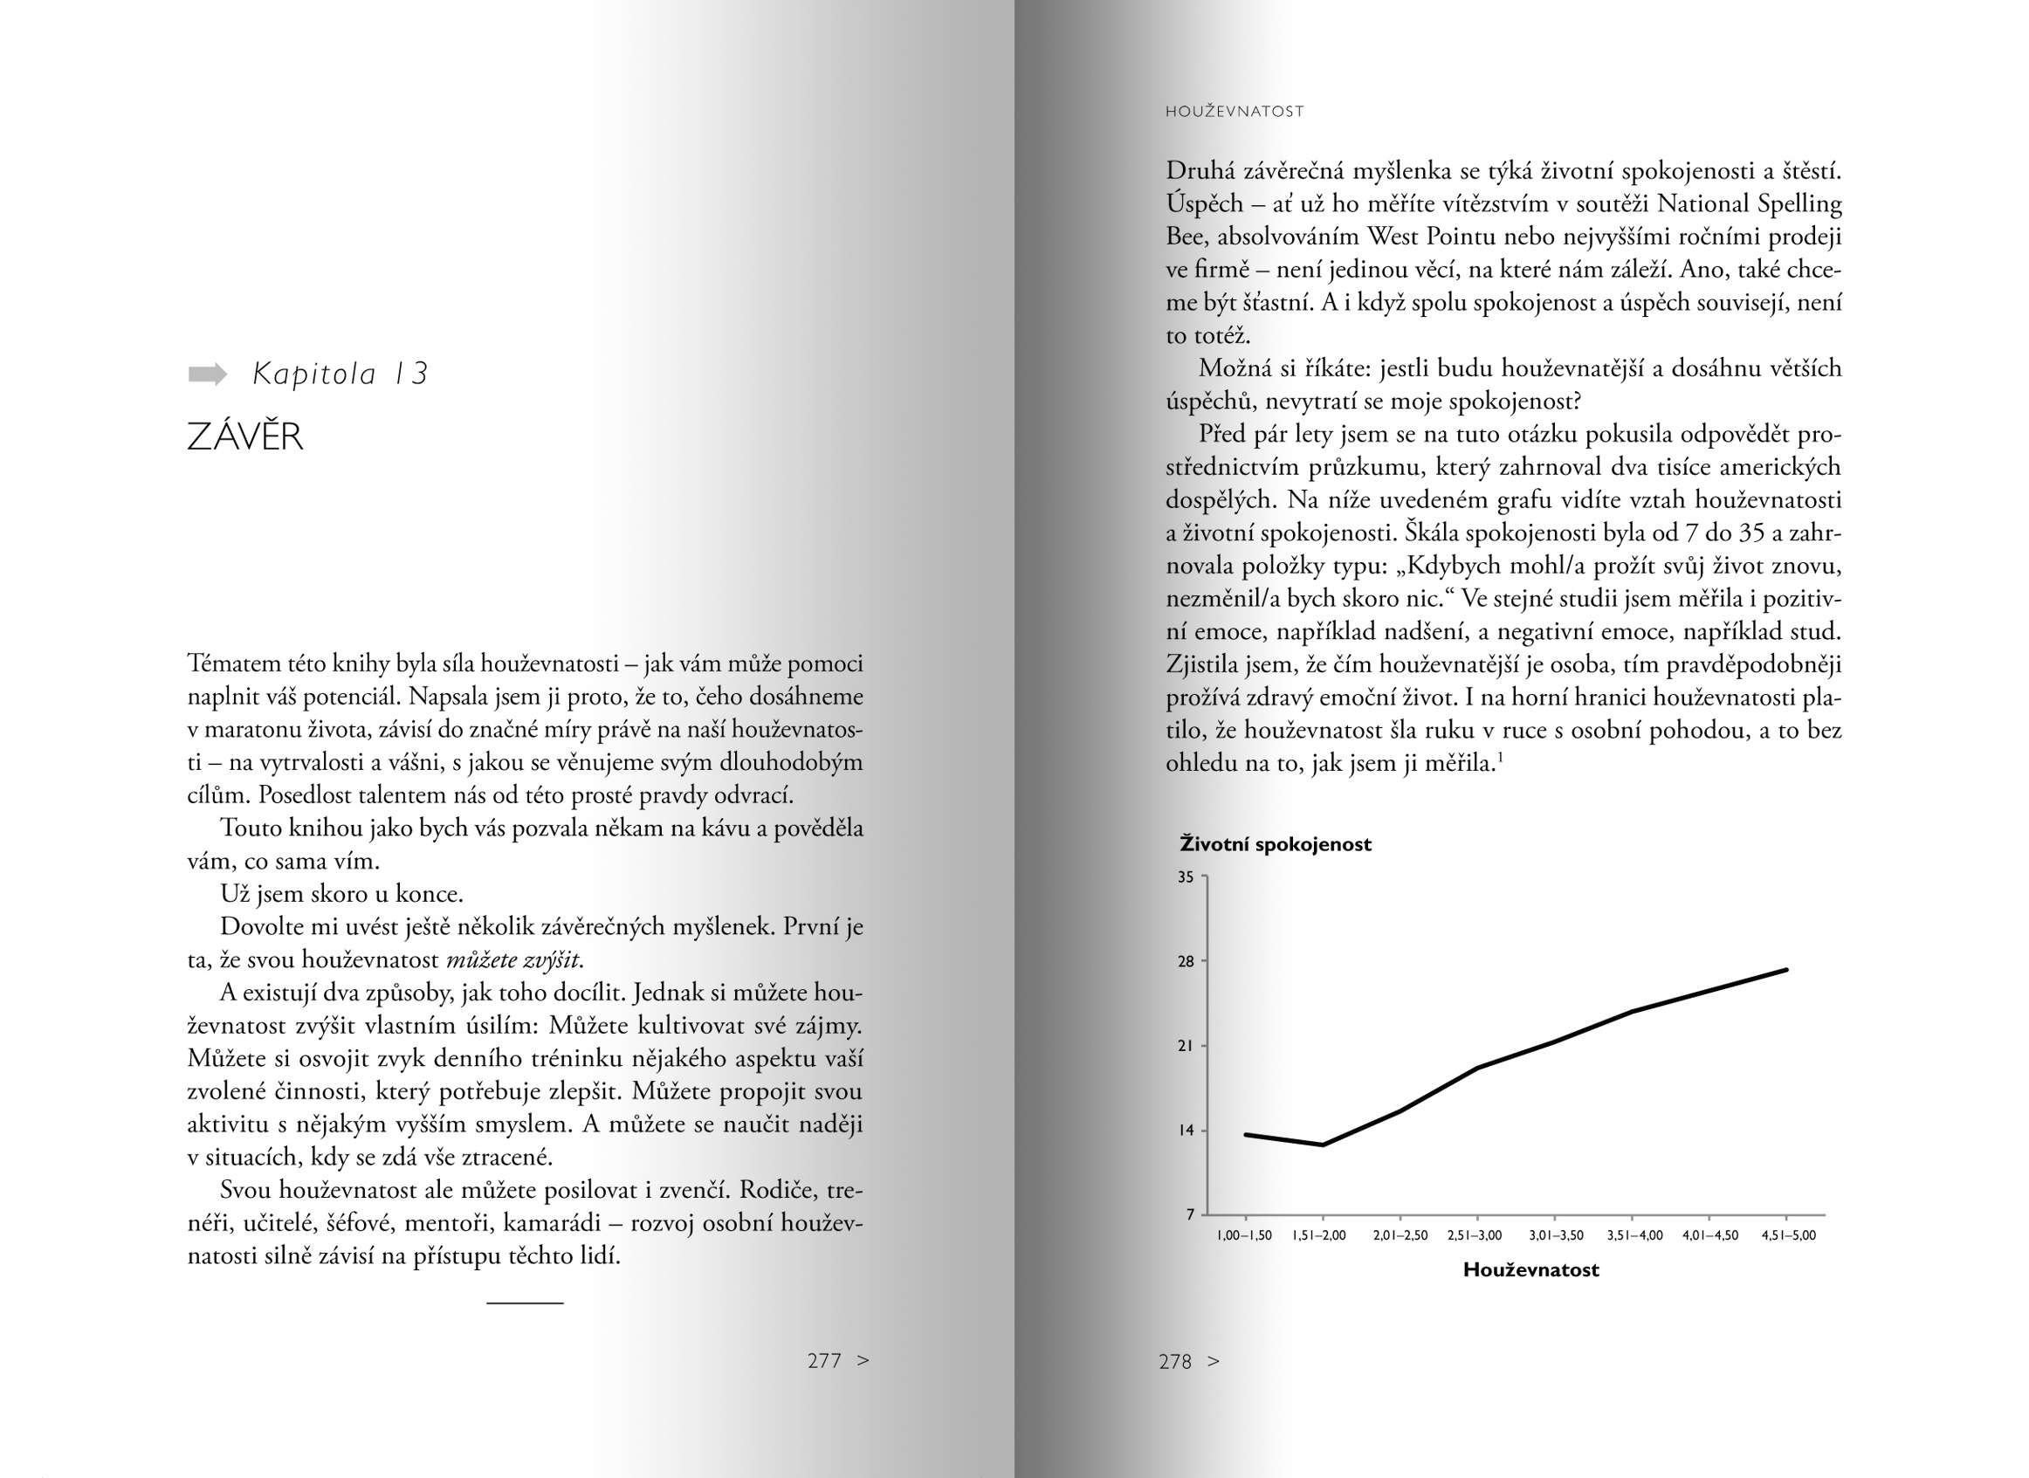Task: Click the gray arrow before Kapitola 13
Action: (208, 374)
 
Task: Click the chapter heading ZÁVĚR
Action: (245, 437)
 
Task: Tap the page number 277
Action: (824, 1361)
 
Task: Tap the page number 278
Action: (1174, 1362)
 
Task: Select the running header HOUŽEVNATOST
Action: (1235, 112)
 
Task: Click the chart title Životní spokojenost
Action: (1275, 844)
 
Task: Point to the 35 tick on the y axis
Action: (1186, 877)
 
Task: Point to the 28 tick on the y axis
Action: (1186, 962)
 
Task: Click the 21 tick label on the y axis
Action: (1186, 1046)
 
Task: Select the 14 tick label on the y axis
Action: (1186, 1131)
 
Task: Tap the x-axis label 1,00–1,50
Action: (1244, 1235)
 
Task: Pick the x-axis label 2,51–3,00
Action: (1475, 1235)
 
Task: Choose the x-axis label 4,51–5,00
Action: (1788, 1235)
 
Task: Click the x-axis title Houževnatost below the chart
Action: (1530, 1270)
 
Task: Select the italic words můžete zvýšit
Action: (512, 960)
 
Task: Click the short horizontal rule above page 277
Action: (525, 1303)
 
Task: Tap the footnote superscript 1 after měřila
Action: (1500, 758)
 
